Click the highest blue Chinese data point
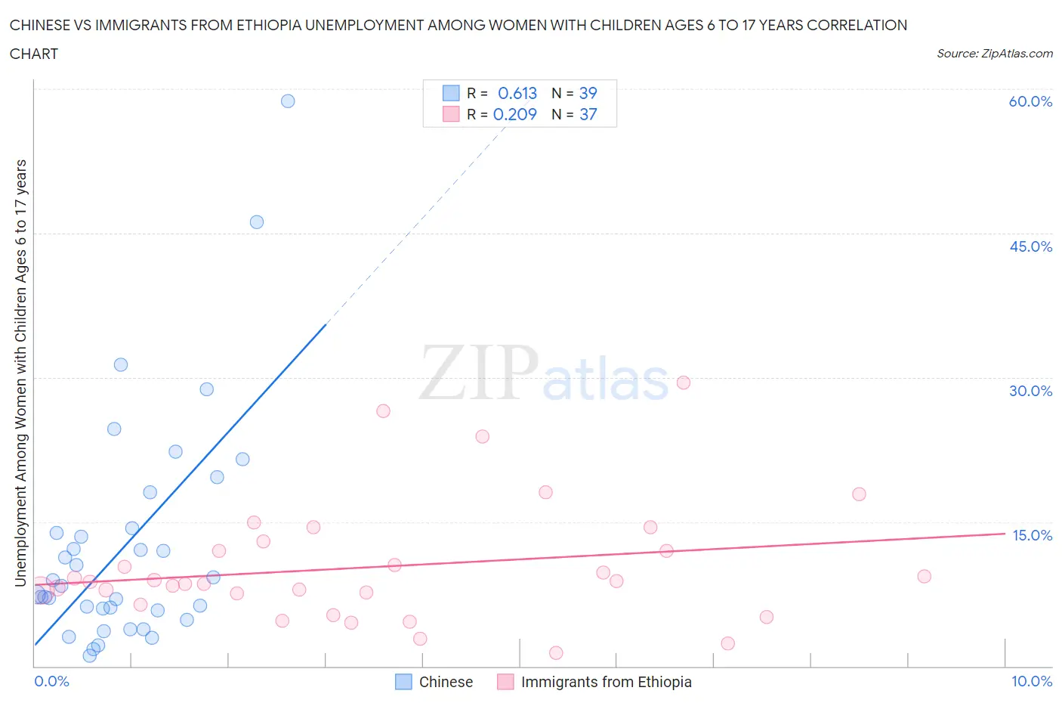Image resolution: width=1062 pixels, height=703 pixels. pyautogui.click(x=288, y=101)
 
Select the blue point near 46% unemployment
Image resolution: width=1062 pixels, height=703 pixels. pyautogui.click(x=257, y=222)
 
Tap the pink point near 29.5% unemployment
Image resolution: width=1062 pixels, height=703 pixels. pyautogui.click(x=684, y=382)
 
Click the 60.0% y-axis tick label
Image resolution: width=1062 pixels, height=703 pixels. pyautogui.click(x=1030, y=102)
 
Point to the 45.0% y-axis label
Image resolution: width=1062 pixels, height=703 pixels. pyautogui.click(x=1030, y=247)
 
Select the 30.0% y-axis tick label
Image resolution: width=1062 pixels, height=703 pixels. pyautogui.click(x=1030, y=392)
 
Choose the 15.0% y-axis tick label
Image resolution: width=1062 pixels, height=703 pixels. pyautogui.click(x=1032, y=536)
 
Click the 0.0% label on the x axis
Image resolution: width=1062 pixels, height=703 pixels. pyautogui.click(x=51, y=682)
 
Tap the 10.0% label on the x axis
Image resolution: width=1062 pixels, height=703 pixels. pyautogui.click(x=1032, y=682)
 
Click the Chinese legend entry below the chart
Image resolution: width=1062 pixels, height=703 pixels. pyautogui.click(x=446, y=683)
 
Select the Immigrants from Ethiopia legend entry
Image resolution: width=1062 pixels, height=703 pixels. pyautogui.click(x=606, y=683)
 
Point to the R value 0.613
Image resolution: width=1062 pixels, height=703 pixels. pyautogui.click(x=517, y=94)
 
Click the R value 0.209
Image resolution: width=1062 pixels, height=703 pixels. pyautogui.click(x=515, y=115)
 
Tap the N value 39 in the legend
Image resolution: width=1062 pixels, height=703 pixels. pyautogui.click(x=588, y=94)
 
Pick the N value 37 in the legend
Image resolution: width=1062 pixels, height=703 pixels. pyautogui.click(x=588, y=115)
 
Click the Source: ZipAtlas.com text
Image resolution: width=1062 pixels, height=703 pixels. pyautogui.click(x=994, y=54)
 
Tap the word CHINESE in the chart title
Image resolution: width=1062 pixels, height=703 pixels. pyautogui.click(x=42, y=26)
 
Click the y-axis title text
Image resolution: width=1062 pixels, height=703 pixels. pyautogui.click(x=21, y=373)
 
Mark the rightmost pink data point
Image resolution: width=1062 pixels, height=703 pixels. pyautogui.click(x=924, y=577)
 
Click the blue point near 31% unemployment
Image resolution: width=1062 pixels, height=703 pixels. pyautogui.click(x=121, y=365)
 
